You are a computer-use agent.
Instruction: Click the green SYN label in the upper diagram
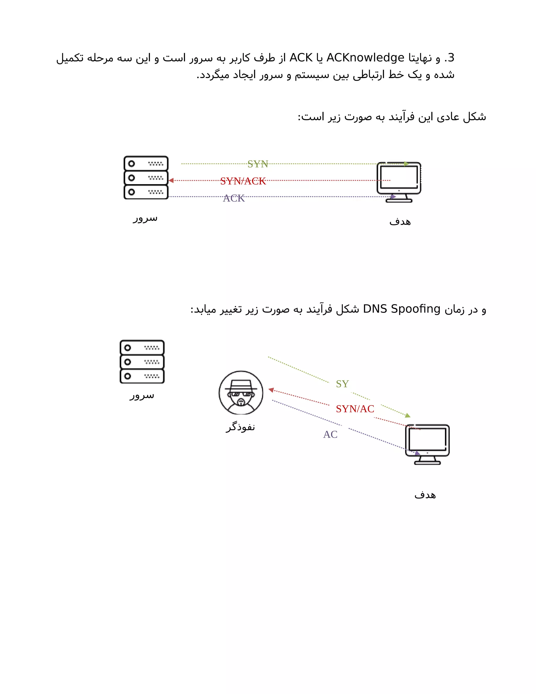(x=258, y=164)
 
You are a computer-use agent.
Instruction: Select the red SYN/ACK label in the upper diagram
(x=243, y=181)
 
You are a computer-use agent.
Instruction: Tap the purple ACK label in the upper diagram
(x=234, y=198)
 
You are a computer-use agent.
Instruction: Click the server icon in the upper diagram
(x=146, y=178)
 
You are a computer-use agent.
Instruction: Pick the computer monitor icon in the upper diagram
(x=399, y=181)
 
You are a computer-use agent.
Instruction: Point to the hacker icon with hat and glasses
(x=241, y=393)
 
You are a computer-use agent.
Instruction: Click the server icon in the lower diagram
(x=142, y=362)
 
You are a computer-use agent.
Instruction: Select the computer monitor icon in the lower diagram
(x=427, y=444)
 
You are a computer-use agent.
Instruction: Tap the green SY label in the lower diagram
(x=342, y=384)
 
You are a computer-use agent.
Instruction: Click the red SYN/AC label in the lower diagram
(x=355, y=409)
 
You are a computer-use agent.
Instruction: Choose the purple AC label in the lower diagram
(x=330, y=434)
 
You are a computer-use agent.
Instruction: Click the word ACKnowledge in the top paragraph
(x=365, y=58)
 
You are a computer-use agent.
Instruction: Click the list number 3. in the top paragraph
(x=449, y=58)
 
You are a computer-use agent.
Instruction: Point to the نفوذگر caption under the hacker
(x=240, y=427)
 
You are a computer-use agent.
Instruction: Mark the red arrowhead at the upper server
(x=171, y=180)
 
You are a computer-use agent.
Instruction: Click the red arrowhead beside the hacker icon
(x=271, y=390)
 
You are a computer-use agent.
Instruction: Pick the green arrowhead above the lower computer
(x=408, y=415)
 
